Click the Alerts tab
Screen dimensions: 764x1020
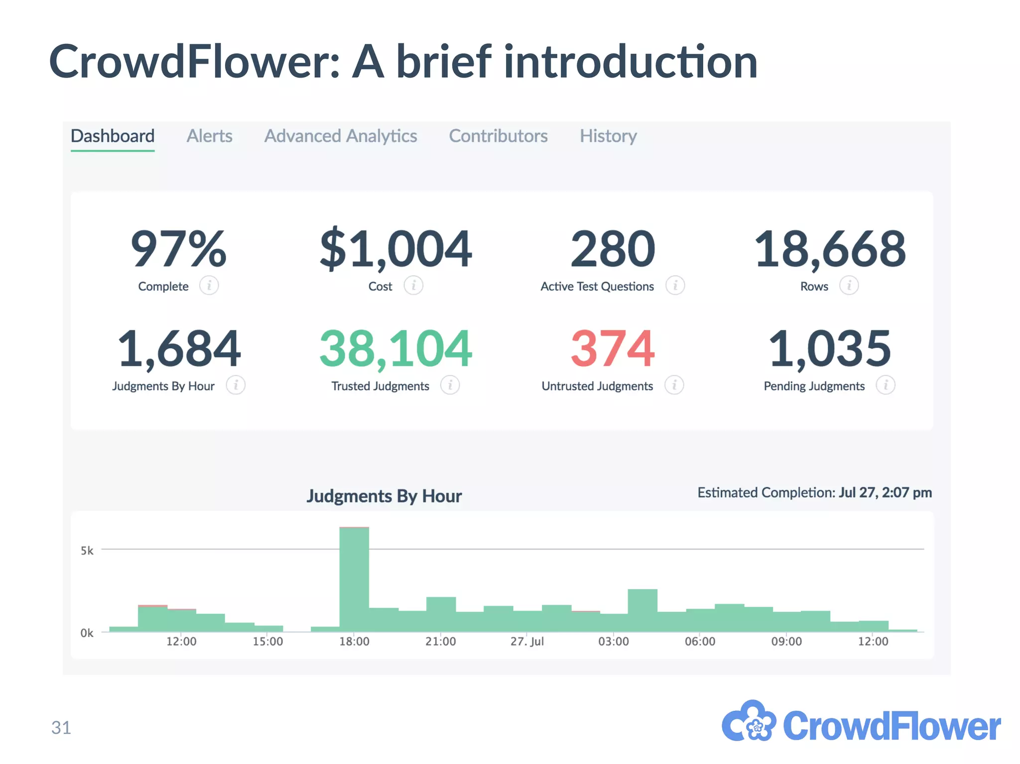coord(209,136)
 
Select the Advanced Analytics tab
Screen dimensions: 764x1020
coord(341,136)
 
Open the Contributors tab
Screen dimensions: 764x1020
coord(498,136)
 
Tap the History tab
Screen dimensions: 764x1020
coord(608,136)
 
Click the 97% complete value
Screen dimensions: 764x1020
coord(178,249)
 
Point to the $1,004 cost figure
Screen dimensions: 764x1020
coord(395,249)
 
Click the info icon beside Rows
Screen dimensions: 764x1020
coord(849,286)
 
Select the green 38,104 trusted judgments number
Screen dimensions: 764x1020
coord(395,348)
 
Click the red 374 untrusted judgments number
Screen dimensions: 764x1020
coord(613,348)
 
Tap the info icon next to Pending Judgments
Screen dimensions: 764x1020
coord(886,385)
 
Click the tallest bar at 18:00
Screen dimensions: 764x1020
coord(354,577)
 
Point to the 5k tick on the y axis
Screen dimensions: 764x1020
coord(87,550)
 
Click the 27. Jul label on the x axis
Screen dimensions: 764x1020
coord(527,642)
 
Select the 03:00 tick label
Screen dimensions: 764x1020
coord(613,642)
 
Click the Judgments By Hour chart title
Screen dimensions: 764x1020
coord(384,496)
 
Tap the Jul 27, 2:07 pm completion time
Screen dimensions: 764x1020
coord(885,492)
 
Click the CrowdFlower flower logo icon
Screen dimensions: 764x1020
coord(749,722)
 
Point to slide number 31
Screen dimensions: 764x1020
coord(61,728)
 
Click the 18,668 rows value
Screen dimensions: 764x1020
coord(830,249)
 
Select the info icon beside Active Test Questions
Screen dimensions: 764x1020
coord(675,286)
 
